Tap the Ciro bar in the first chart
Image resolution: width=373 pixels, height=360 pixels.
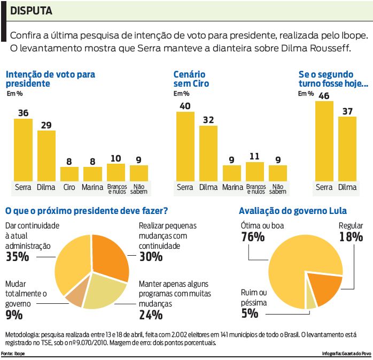[x=69, y=174]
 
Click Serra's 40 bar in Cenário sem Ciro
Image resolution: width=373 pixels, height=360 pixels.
[x=185, y=147]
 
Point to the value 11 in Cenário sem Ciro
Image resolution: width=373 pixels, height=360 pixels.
[x=255, y=157]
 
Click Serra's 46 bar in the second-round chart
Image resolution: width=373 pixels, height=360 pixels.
[x=324, y=142]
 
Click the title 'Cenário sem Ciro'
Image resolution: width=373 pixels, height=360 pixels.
[x=191, y=79]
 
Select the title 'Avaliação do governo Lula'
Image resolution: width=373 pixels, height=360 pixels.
[x=293, y=211]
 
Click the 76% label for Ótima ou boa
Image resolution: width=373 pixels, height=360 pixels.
[x=252, y=237]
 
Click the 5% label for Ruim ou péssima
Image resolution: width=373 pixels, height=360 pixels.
[x=250, y=313]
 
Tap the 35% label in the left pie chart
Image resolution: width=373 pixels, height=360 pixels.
[x=17, y=257]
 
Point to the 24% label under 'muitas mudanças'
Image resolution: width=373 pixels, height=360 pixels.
[x=151, y=315]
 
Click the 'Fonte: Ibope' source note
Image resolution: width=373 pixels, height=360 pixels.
[x=13, y=354]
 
